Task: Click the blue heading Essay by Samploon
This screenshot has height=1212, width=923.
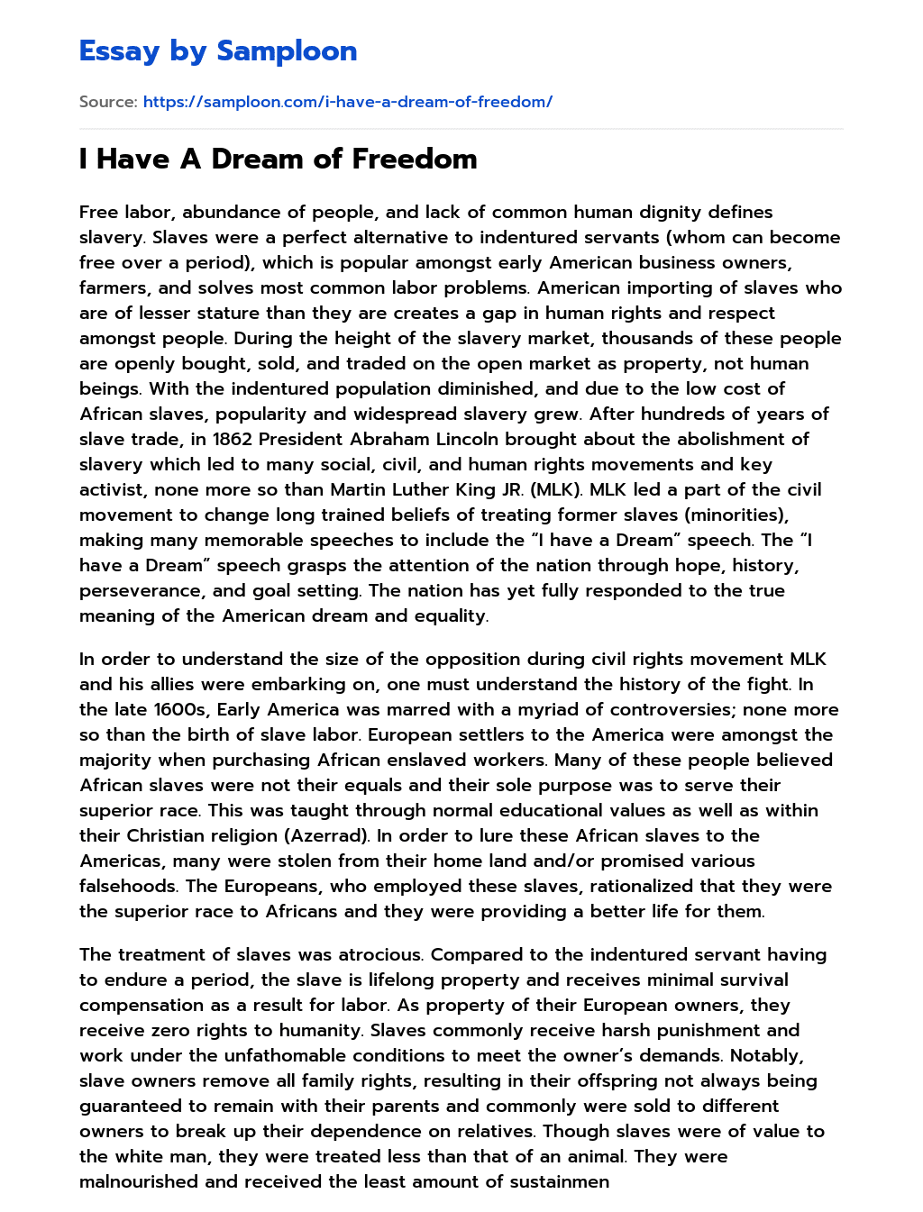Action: [218, 51]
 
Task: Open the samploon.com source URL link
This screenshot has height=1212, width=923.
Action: [347, 102]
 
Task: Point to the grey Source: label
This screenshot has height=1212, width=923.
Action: [108, 102]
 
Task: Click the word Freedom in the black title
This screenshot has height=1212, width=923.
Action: [414, 159]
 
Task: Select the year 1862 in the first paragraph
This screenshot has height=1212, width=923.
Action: [233, 439]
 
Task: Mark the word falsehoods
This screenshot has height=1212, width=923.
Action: [126, 886]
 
